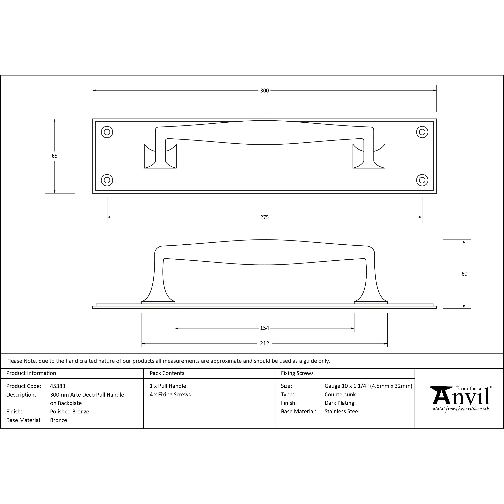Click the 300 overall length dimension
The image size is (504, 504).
point(264,91)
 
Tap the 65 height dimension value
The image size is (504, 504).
point(55,156)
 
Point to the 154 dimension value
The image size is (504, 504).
point(264,328)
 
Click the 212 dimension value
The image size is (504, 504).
point(264,344)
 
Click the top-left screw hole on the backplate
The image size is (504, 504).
point(107,132)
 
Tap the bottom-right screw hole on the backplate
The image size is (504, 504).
point(422,180)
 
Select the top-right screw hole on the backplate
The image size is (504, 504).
point(422,132)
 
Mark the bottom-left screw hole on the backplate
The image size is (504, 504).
point(107,180)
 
